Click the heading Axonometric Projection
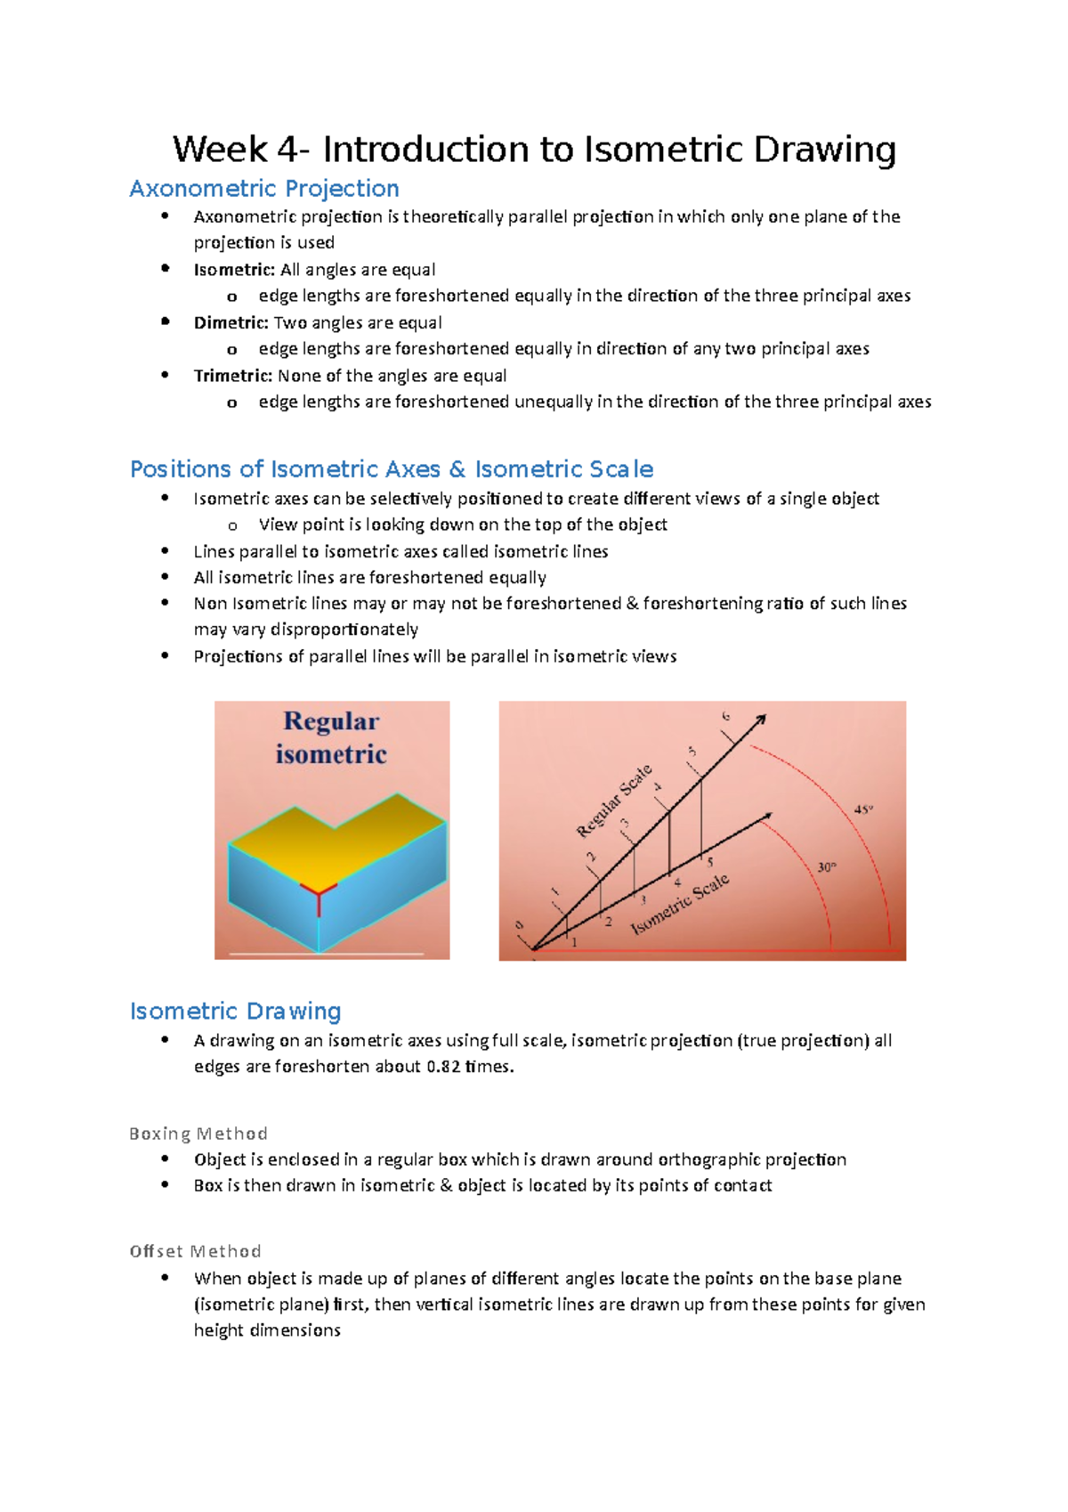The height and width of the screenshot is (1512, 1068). tap(263, 189)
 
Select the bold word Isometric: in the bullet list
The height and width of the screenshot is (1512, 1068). tap(234, 270)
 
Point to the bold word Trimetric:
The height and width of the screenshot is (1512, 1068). tap(233, 376)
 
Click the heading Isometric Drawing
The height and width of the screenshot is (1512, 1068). tap(235, 1012)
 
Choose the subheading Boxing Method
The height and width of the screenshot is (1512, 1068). tap(198, 1134)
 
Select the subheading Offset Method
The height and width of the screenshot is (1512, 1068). tap(195, 1251)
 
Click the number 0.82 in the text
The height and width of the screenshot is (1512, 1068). tap(443, 1067)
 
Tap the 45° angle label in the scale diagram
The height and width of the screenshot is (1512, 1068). tap(863, 809)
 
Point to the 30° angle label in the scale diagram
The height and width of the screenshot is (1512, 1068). tap(827, 866)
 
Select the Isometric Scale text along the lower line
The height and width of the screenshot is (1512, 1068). tap(680, 904)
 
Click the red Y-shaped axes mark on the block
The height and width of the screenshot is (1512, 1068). tap(319, 890)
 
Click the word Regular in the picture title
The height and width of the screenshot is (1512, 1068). tap(331, 720)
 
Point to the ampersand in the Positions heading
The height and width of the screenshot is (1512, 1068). tap(457, 469)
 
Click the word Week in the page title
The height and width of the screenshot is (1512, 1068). tap(220, 150)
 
